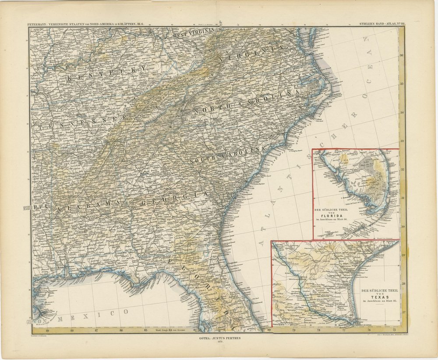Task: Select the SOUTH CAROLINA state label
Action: pyautogui.click(x=227, y=155)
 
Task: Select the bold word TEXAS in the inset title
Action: pyautogui.click(x=375, y=296)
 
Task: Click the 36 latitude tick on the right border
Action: pyautogui.click(x=402, y=56)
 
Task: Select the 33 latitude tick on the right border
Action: pyautogui.click(x=402, y=141)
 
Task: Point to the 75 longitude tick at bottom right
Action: pyautogui.click(x=394, y=330)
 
